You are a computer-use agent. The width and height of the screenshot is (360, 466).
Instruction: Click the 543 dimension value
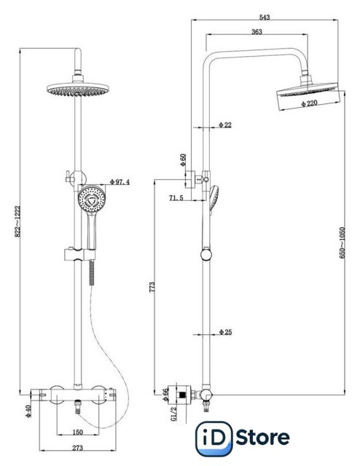coord(265,17)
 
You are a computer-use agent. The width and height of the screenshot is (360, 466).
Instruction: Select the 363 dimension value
coord(257,31)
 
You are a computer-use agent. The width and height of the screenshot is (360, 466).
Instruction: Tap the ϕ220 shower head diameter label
coord(309,103)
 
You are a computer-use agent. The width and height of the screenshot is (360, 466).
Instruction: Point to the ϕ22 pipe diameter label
coord(225,125)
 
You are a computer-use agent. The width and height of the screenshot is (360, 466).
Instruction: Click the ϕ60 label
coord(183,159)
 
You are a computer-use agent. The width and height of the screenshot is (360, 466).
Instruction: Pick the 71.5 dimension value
coord(176,197)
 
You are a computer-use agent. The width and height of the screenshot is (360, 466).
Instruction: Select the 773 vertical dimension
coord(152,287)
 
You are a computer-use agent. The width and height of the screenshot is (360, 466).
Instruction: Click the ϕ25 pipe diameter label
coord(225,332)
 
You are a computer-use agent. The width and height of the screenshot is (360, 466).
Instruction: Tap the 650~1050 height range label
coord(343,242)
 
